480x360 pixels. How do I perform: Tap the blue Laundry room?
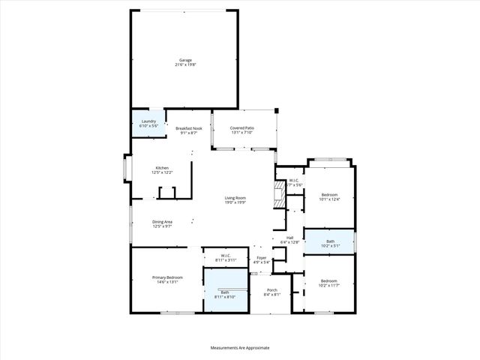point(148,124)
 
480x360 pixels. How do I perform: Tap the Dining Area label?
point(163,223)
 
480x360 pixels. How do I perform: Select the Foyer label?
point(261,259)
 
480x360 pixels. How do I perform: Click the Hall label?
point(289,239)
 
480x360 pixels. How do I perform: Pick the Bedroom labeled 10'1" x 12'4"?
point(330,196)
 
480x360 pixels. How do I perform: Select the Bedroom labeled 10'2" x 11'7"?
point(330,283)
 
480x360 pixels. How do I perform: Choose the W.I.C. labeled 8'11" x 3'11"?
point(225,257)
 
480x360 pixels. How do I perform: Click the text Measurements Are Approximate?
point(240,347)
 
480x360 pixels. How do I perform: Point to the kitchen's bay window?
point(126,169)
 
